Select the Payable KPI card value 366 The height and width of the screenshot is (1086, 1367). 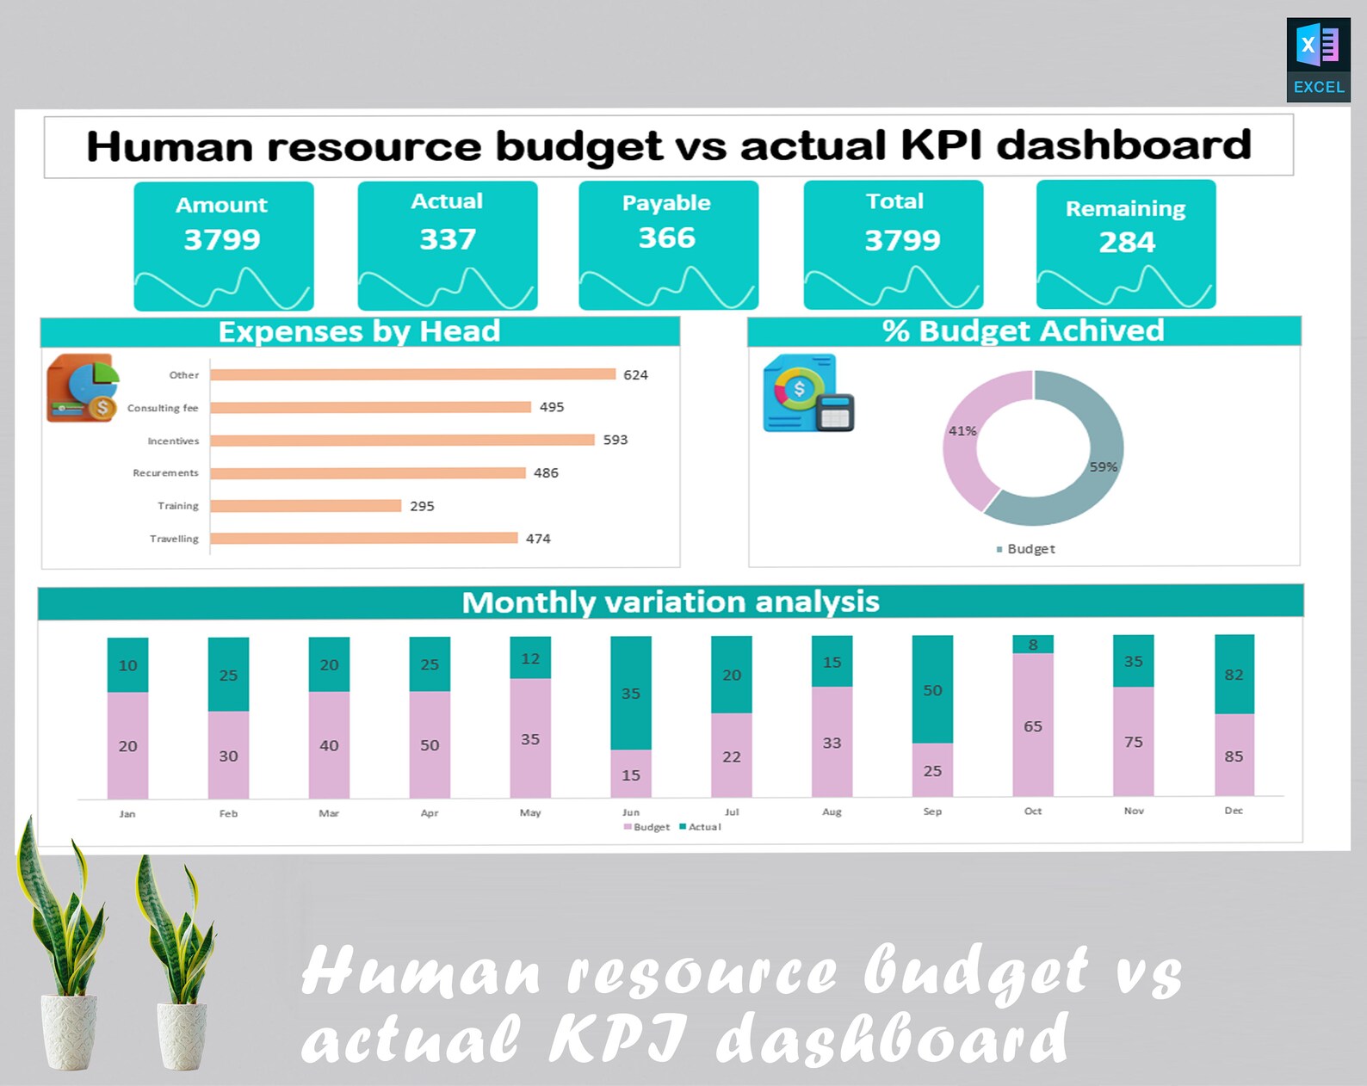coord(667,238)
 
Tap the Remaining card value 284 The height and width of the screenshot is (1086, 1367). coord(1126,243)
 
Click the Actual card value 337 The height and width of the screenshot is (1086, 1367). coord(448,239)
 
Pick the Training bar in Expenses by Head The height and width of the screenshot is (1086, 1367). coord(306,506)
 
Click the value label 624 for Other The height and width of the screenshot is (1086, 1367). coord(635,375)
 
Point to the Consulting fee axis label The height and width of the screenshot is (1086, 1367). coord(163,408)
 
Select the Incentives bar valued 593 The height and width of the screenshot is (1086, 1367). coord(402,441)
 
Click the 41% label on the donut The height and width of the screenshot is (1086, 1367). coord(962,431)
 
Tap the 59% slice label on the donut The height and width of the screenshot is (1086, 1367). coord(1103,467)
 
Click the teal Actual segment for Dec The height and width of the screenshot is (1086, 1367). coord(1234,675)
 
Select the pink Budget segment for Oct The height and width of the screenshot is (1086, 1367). coord(1033,725)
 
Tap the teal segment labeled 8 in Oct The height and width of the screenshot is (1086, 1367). coord(1033,645)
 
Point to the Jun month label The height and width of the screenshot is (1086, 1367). coord(631,812)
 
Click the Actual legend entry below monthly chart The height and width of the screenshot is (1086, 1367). coord(701,827)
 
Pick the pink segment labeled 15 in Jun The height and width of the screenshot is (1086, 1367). coord(631,774)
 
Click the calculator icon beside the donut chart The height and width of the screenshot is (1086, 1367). coord(834,412)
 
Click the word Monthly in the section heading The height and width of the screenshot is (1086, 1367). coord(528,602)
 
